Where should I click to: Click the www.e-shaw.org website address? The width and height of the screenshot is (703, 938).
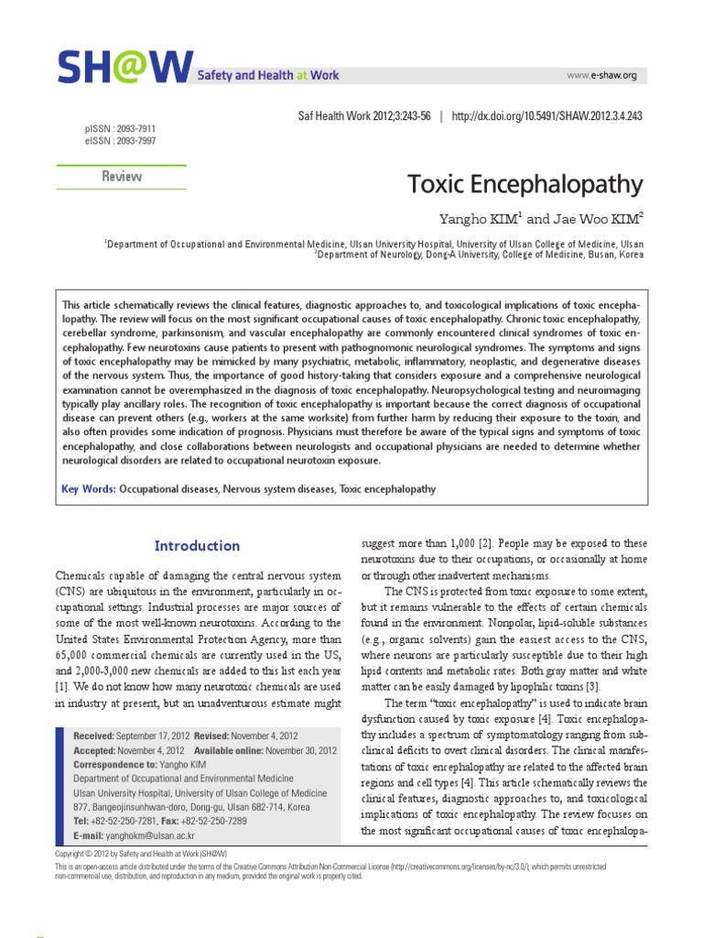(x=601, y=75)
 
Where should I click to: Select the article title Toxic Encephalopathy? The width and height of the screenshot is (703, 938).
(x=525, y=184)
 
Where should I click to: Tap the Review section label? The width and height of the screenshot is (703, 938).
(x=121, y=177)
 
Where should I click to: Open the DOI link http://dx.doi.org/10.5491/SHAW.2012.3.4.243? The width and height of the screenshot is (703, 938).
(x=547, y=116)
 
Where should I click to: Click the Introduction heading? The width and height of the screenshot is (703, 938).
(x=197, y=546)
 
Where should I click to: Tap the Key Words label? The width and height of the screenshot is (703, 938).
(x=88, y=489)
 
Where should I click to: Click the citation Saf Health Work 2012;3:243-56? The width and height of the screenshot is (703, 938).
(x=364, y=116)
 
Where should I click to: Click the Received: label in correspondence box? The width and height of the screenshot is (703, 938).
(x=93, y=736)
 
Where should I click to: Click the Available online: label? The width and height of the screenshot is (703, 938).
(x=229, y=749)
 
